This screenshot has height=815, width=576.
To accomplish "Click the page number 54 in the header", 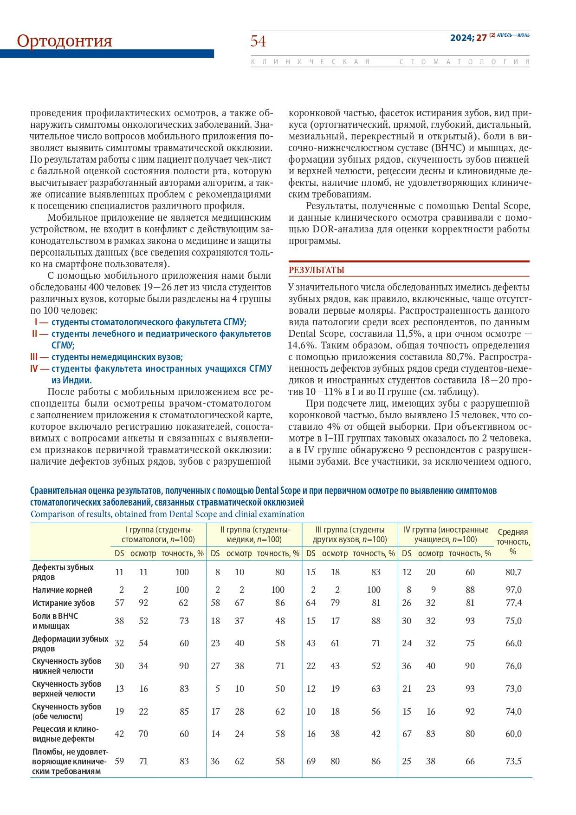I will click(x=258, y=41).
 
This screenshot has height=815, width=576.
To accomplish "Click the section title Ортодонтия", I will click(x=65, y=41).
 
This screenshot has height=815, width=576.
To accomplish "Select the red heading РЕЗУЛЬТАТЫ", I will click(x=317, y=270).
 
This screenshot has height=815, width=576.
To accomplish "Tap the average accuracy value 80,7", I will click(x=513, y=572).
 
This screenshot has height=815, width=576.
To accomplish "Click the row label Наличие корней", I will click(x=62, y=590).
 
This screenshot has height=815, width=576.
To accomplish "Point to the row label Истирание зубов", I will click(x=64, y=603).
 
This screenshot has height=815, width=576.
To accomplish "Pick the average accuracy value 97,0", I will click(x=513, y=590).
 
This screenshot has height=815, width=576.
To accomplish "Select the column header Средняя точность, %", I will click(x=513, y=541).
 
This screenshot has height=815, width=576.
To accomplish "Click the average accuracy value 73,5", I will click(x=513, y=761).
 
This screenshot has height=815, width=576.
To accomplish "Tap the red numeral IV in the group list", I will click(x=34, y=368).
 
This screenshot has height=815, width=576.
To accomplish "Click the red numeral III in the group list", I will click(x=34, y=357).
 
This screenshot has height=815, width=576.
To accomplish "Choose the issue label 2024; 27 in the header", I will click(x=468, y=38).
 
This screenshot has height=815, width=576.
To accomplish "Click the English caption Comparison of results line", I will click(x=168, y=514).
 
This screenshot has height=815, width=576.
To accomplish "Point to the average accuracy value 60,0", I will click(x=513, y=734).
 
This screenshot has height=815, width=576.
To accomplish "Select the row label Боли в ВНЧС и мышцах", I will click(x=55, y=621).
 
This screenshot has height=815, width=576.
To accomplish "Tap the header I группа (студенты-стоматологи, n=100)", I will click(x=158, y=534).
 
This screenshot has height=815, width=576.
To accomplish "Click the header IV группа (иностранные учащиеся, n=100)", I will click(x=446, y=534).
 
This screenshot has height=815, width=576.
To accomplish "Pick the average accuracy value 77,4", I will click(x=513, y=603).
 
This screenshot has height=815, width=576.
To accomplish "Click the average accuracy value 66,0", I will click(x=513, y=643).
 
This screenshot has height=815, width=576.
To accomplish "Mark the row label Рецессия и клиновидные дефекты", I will click(x=65, y=734).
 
